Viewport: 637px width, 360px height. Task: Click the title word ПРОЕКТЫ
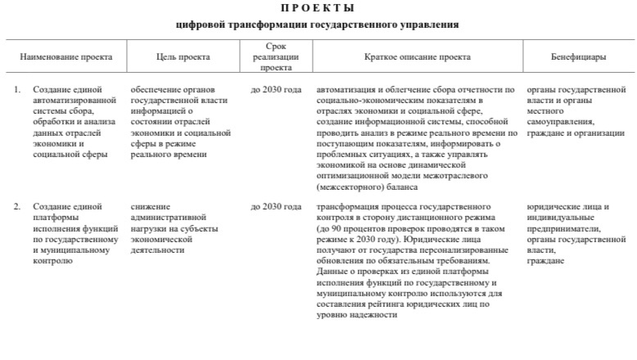click(318, 8)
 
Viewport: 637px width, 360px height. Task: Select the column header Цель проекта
click(183, 57)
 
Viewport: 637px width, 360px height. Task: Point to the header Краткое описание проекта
click(417, 57)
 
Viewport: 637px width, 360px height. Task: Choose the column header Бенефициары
click(578, 57)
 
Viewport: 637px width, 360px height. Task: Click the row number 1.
click(16, 88)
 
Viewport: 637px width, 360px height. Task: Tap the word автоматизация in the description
click(345, 88)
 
